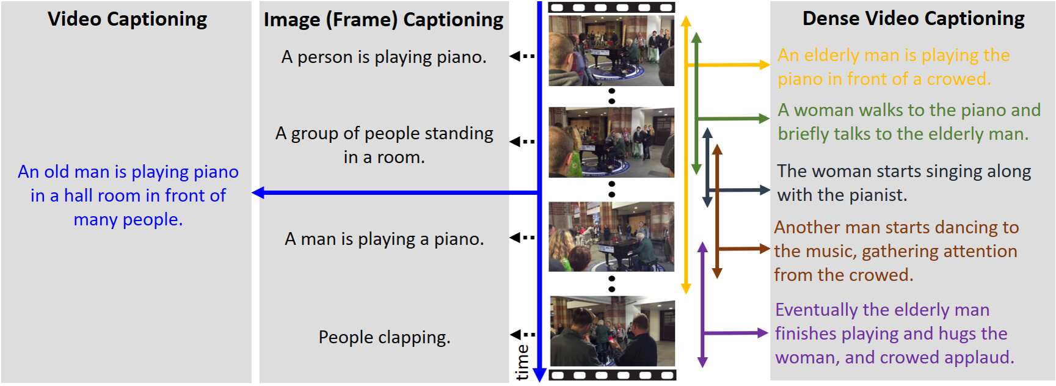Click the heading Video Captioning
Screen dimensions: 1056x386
[128, 20]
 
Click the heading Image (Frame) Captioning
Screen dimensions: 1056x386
[384, 20]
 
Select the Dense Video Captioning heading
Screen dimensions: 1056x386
[913, 19]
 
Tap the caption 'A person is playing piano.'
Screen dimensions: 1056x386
[384, 57]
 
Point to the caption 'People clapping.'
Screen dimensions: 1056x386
[384, 337]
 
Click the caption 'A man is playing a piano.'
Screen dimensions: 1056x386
[384, 239]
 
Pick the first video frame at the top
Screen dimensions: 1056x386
[611, 50]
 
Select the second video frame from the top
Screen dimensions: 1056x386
[611, 142]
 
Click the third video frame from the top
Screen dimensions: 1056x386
[611, 237]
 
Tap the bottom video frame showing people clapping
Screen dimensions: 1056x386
[613, 331]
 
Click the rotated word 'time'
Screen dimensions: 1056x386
[523, 362]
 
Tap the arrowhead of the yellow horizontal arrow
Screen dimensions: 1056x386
[764, 65]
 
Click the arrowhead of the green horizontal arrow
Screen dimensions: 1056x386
[763, 118]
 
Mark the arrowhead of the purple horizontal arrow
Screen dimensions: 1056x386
[762, 333]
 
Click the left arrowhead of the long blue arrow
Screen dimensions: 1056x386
[258, 192]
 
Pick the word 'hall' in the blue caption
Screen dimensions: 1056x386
[78, 195]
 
